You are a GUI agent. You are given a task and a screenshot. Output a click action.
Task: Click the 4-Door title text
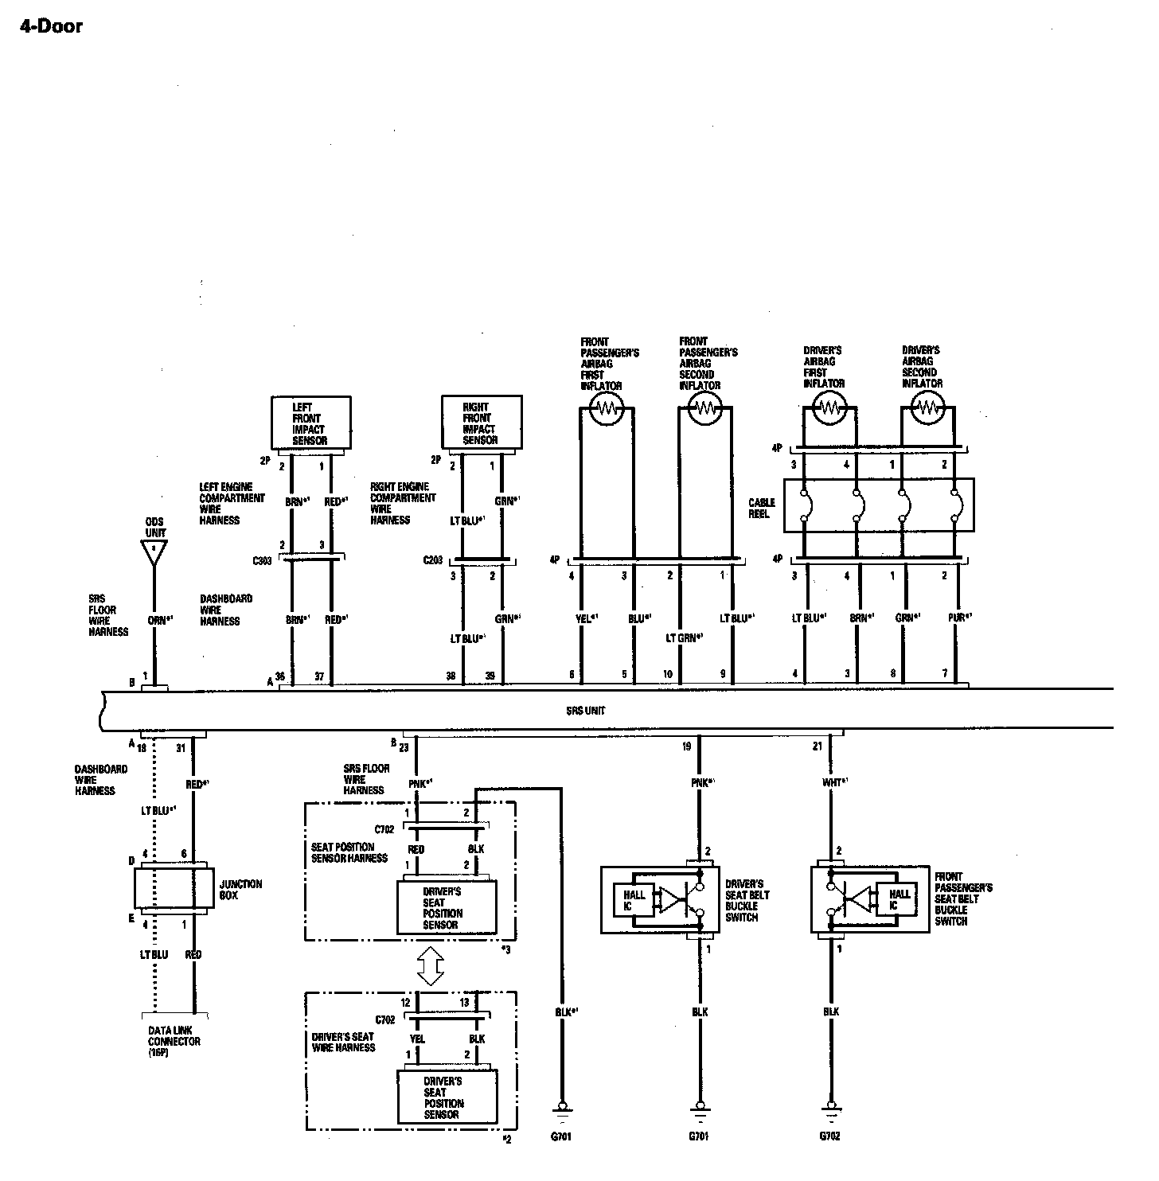pyautogui.click(x=50, y=26)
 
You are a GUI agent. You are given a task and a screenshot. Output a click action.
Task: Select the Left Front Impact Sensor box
pyautogui.click(x=310, y=423)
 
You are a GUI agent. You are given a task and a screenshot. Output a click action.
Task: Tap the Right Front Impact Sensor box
pyautogui.click(x=482, y=423)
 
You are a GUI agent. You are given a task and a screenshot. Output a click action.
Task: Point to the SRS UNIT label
pyautogui.click(x=586, y=711)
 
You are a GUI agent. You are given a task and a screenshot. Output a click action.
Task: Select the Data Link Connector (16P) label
pyautogui.click(x=174, y=1041)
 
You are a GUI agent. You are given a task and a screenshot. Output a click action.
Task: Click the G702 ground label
pyautogui.click(x=829, y=1136)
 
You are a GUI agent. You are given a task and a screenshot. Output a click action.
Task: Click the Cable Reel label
pyautogui.click(x=760, y=508)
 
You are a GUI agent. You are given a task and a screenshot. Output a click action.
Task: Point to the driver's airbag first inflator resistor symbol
pyautogui.click(x=829, y=407)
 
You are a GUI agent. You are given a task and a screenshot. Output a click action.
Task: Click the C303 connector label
pyautogui.click(x=263, y=560)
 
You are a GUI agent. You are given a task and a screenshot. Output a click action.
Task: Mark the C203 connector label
pyautogui.click(x=434, y=560)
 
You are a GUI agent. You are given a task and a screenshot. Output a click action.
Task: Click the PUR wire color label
pyautogui.click(x=958, y=617)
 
